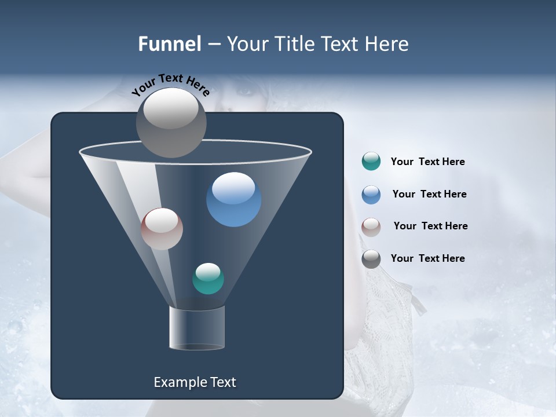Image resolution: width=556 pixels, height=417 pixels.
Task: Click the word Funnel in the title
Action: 169,44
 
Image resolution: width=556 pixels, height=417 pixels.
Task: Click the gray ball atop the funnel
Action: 171,122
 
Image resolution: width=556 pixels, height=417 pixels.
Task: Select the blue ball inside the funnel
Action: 233,199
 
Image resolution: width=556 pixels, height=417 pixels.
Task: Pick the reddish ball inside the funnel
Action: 162,229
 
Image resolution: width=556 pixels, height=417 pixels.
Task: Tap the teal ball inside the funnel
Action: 208,279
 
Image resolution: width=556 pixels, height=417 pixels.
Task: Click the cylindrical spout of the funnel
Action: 197,328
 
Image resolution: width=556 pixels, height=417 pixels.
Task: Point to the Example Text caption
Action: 195,382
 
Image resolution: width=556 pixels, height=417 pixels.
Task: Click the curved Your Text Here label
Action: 170,84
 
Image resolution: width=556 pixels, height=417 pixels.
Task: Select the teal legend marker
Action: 371,162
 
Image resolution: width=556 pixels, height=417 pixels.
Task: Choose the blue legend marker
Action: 371,194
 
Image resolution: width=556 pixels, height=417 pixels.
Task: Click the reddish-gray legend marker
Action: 371,226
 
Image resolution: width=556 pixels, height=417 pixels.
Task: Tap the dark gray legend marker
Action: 371,258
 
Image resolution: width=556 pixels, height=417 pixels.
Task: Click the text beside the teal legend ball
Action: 427,162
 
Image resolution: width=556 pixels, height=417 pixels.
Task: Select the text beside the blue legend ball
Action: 429,194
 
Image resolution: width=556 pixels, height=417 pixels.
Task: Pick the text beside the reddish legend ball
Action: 430,226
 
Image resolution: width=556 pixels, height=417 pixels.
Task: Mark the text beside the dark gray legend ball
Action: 427,258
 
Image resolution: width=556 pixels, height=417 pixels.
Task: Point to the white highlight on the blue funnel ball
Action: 233,187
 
